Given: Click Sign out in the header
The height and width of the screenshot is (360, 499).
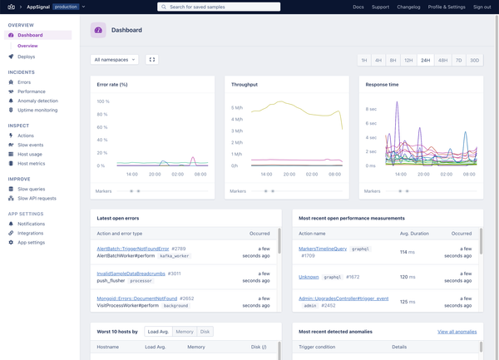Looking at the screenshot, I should (x=482, y=7).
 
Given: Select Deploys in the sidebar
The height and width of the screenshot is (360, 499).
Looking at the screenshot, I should (x=26, y=57).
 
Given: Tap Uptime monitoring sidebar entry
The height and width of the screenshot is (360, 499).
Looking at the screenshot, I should (x=37, y=110).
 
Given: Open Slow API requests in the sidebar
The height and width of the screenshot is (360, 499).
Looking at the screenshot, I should (x=37, y=199).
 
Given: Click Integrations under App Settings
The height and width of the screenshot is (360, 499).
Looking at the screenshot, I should (x=32, y=233).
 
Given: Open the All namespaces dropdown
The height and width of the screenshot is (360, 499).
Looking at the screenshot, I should (x=114, y=60).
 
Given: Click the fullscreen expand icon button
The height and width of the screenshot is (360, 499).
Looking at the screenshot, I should (x=151, y=60).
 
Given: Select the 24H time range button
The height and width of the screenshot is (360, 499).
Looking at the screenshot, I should (x=426, y=60).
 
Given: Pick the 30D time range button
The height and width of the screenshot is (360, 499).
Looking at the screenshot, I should (x=474, y=60).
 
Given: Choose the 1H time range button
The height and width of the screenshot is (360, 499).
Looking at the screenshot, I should (x=363, y=60).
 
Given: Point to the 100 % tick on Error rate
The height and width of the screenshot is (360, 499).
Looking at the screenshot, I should (x=102, y=101).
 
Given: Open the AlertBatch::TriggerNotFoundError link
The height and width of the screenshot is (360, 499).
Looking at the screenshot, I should (x=133, y=249).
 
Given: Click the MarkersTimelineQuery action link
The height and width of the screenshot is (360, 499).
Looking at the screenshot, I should (x=322, y=249).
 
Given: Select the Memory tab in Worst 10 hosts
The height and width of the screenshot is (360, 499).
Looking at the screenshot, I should (x=184, y=332).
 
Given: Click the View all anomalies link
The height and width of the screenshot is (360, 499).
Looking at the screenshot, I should (x=457, y=332).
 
